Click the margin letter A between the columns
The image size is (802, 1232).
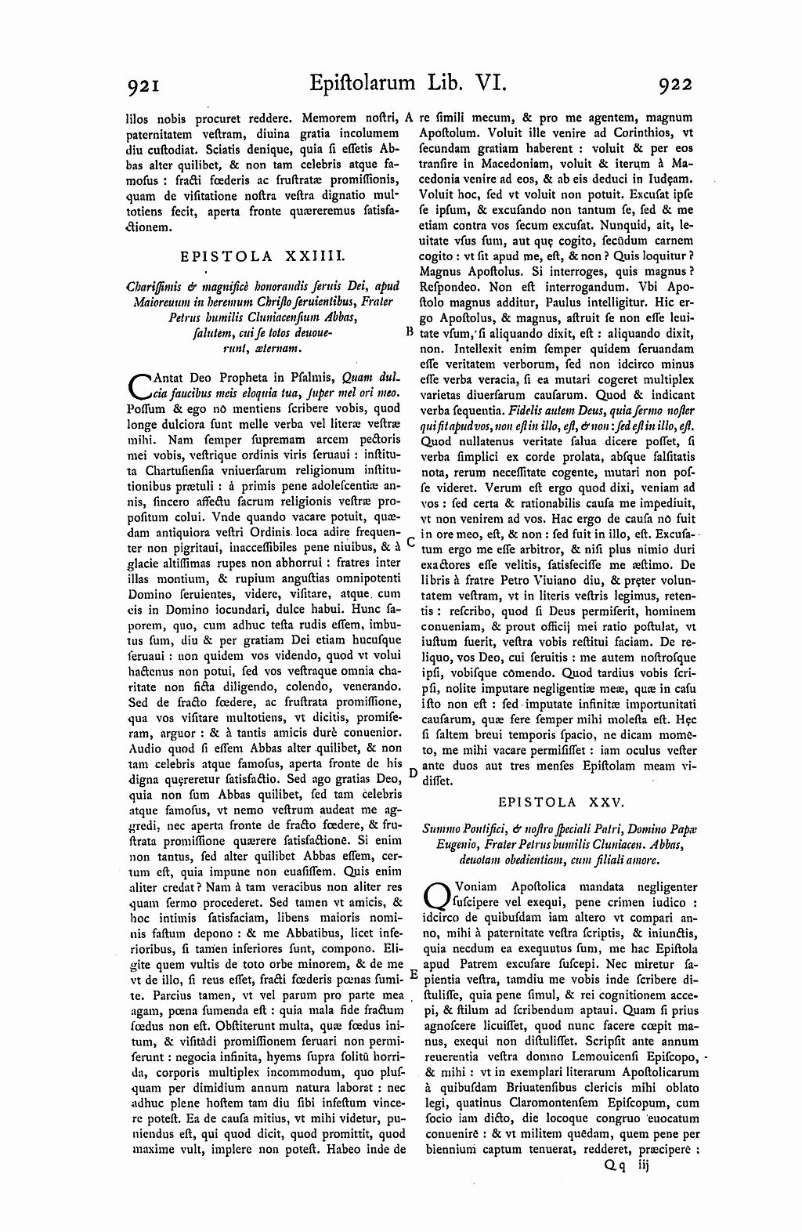click(x=410, y=118)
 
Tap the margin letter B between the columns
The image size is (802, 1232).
click(x=409, y=331)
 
